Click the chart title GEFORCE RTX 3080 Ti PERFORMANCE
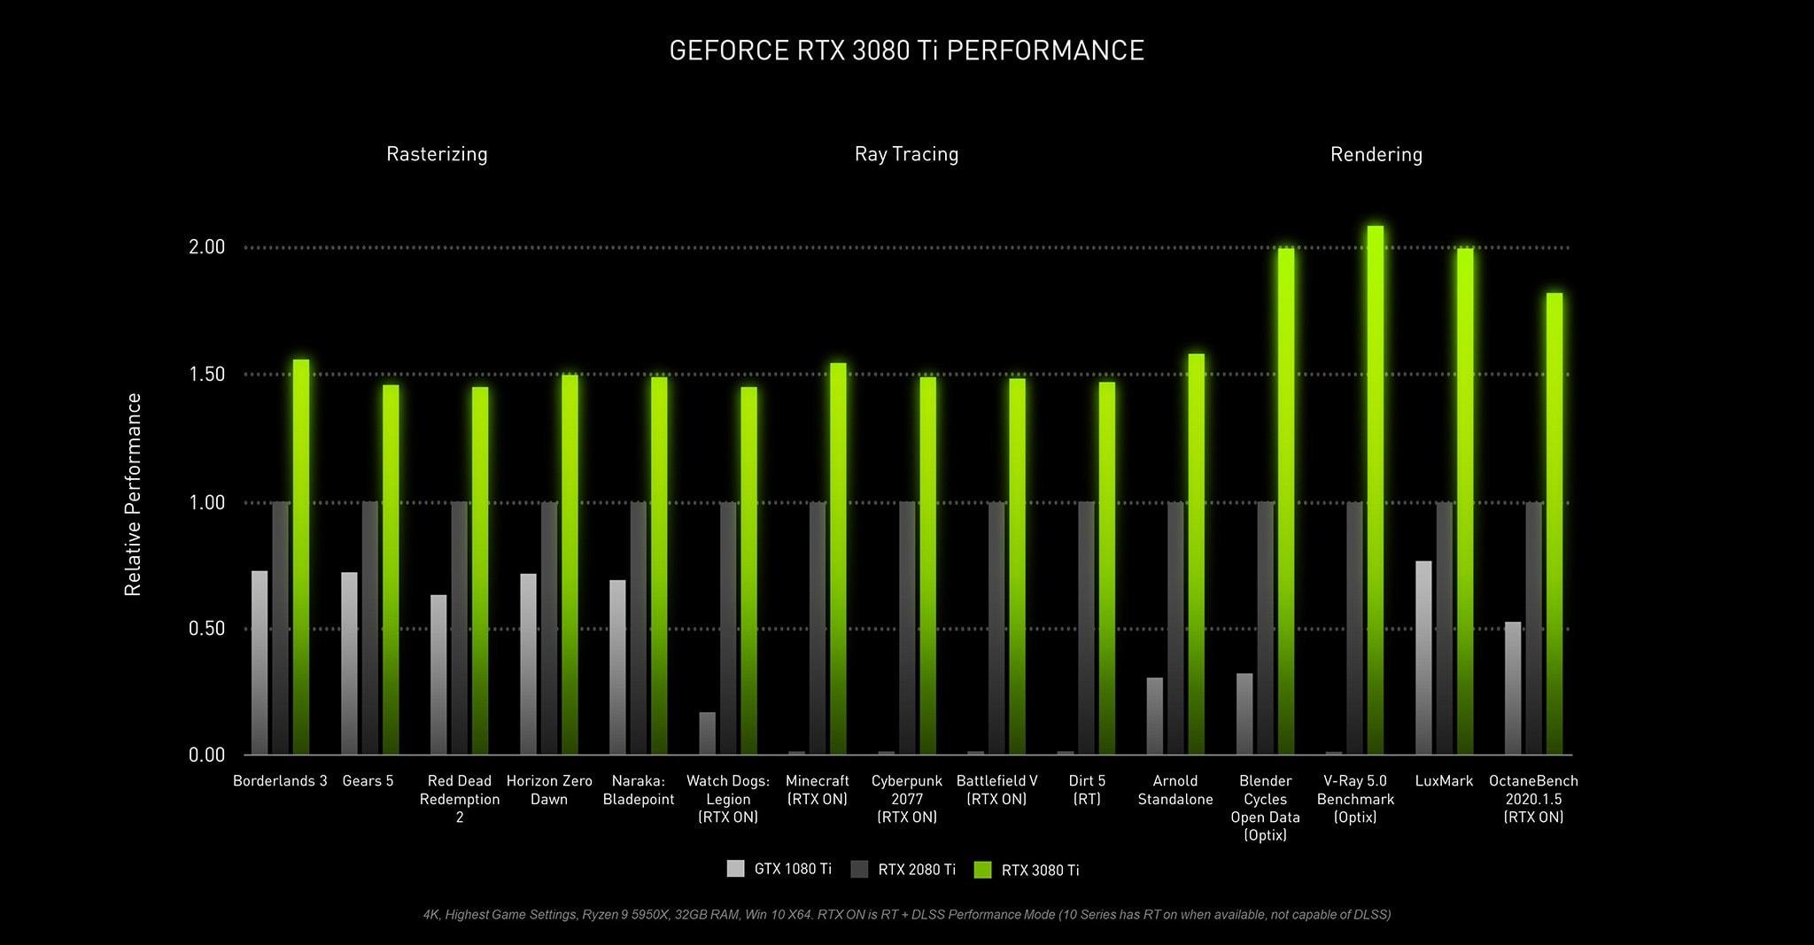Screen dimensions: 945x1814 click(x=906, y=50)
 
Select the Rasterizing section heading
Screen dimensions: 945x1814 click(x=437, y=154)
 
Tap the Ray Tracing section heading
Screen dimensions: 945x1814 click(x=906, y=154)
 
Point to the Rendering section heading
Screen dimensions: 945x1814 click(x=1376, y=155)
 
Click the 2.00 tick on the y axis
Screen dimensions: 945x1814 click(x=207, y=247)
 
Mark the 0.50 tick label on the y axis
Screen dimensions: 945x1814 click(x=207, y=629)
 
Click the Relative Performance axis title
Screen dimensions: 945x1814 click(x=133, y=494)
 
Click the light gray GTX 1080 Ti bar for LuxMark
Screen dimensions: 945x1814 click(x=1423, y=658)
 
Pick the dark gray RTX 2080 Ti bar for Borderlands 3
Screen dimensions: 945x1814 click(x=281, y=629)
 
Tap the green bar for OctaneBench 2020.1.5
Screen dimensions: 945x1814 click(x=1554, y=524)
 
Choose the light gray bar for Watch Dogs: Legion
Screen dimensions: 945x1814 click(x=707, y=733)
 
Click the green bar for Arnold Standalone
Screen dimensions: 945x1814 click(x=1196, y=554)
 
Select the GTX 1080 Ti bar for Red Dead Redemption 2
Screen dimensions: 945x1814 click(x=438, y=675)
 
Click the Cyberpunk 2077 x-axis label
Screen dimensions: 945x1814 click(x=906, y=799)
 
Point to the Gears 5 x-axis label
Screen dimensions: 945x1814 click(x=368, y=781)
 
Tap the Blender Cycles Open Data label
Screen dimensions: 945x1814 click(x=1265, y=808)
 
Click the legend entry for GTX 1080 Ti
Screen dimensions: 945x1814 click(x=779, y=869)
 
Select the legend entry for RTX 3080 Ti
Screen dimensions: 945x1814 click(x=1027, y=870)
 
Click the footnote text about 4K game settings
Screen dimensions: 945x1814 click(x=906, y=914)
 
